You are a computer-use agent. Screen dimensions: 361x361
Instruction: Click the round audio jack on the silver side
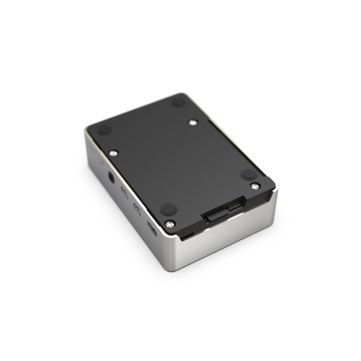point(113,177)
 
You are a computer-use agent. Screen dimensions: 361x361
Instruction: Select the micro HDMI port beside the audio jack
point(125,192)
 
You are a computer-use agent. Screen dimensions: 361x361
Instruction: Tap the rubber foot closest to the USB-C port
point(168,209)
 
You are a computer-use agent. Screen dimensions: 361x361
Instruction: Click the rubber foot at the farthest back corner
point(178,101)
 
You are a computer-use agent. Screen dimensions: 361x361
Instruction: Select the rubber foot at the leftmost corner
point(104,130)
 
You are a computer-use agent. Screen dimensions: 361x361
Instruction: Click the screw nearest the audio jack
point(113,152)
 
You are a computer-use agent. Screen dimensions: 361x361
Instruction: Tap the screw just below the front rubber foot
point(170,222)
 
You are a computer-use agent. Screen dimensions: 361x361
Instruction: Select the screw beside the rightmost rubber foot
point(254,186)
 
